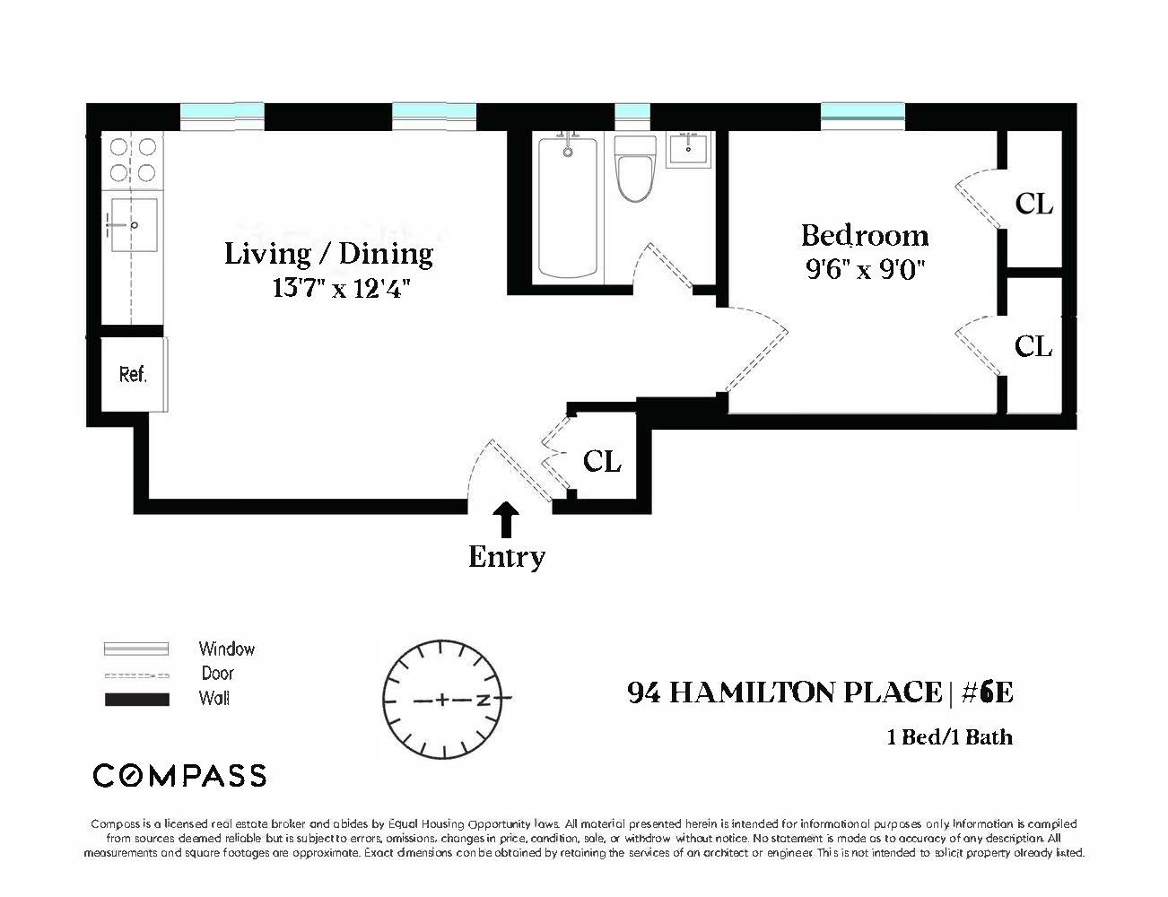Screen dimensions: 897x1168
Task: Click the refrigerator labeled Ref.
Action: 133,374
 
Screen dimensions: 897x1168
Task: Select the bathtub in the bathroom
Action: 567,207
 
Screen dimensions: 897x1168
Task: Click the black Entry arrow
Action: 507,519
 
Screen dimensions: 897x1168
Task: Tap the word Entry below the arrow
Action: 507,557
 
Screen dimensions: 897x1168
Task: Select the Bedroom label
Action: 864,235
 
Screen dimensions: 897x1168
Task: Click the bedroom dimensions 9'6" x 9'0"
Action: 864,269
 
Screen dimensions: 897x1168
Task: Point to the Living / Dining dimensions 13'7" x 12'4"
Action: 341,289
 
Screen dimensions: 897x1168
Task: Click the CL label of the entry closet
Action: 602,461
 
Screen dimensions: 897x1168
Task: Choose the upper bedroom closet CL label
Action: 1033,204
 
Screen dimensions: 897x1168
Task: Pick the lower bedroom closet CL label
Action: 1033,346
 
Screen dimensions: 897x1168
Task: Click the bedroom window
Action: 862,113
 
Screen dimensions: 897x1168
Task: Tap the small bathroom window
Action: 632,113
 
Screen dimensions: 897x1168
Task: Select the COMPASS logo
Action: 179,775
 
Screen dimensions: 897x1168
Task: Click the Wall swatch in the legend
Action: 137,700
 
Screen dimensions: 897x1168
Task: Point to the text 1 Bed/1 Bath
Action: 949,737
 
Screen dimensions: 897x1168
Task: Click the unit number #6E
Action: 986,692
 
